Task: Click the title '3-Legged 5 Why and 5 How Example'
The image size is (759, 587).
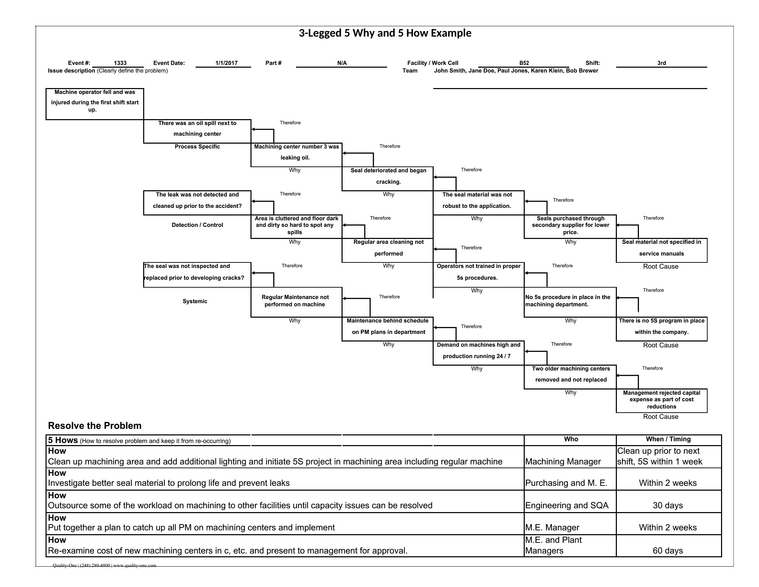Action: [385, 33]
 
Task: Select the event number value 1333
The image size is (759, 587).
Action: [120, 63]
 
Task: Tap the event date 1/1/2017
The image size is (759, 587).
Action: [226, 63]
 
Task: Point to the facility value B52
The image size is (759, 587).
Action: [524, 63]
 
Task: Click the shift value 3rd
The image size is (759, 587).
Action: [661, 63]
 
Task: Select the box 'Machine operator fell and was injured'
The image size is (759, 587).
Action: [95, 104]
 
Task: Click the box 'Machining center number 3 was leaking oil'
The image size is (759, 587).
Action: [296, 154]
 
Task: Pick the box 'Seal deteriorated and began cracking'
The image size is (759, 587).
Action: [388, 179]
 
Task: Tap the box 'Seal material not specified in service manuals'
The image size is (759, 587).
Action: [661, 250]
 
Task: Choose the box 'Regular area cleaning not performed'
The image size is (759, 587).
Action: [388, 250]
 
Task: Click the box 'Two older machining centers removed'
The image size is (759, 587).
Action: [570, 377]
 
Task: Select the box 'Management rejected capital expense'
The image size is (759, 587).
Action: [661, 400]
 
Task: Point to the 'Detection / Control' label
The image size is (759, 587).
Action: [197, 225]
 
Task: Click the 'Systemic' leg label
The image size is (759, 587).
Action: [195, 301]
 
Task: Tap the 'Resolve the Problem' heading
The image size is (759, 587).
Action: [95, 426]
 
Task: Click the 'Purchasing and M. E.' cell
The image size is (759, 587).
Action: [566, 483]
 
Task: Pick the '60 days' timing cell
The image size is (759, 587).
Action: [668, 550]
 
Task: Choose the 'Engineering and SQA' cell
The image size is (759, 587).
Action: [566, 505]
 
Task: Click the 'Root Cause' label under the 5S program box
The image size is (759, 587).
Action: [660, 345]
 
